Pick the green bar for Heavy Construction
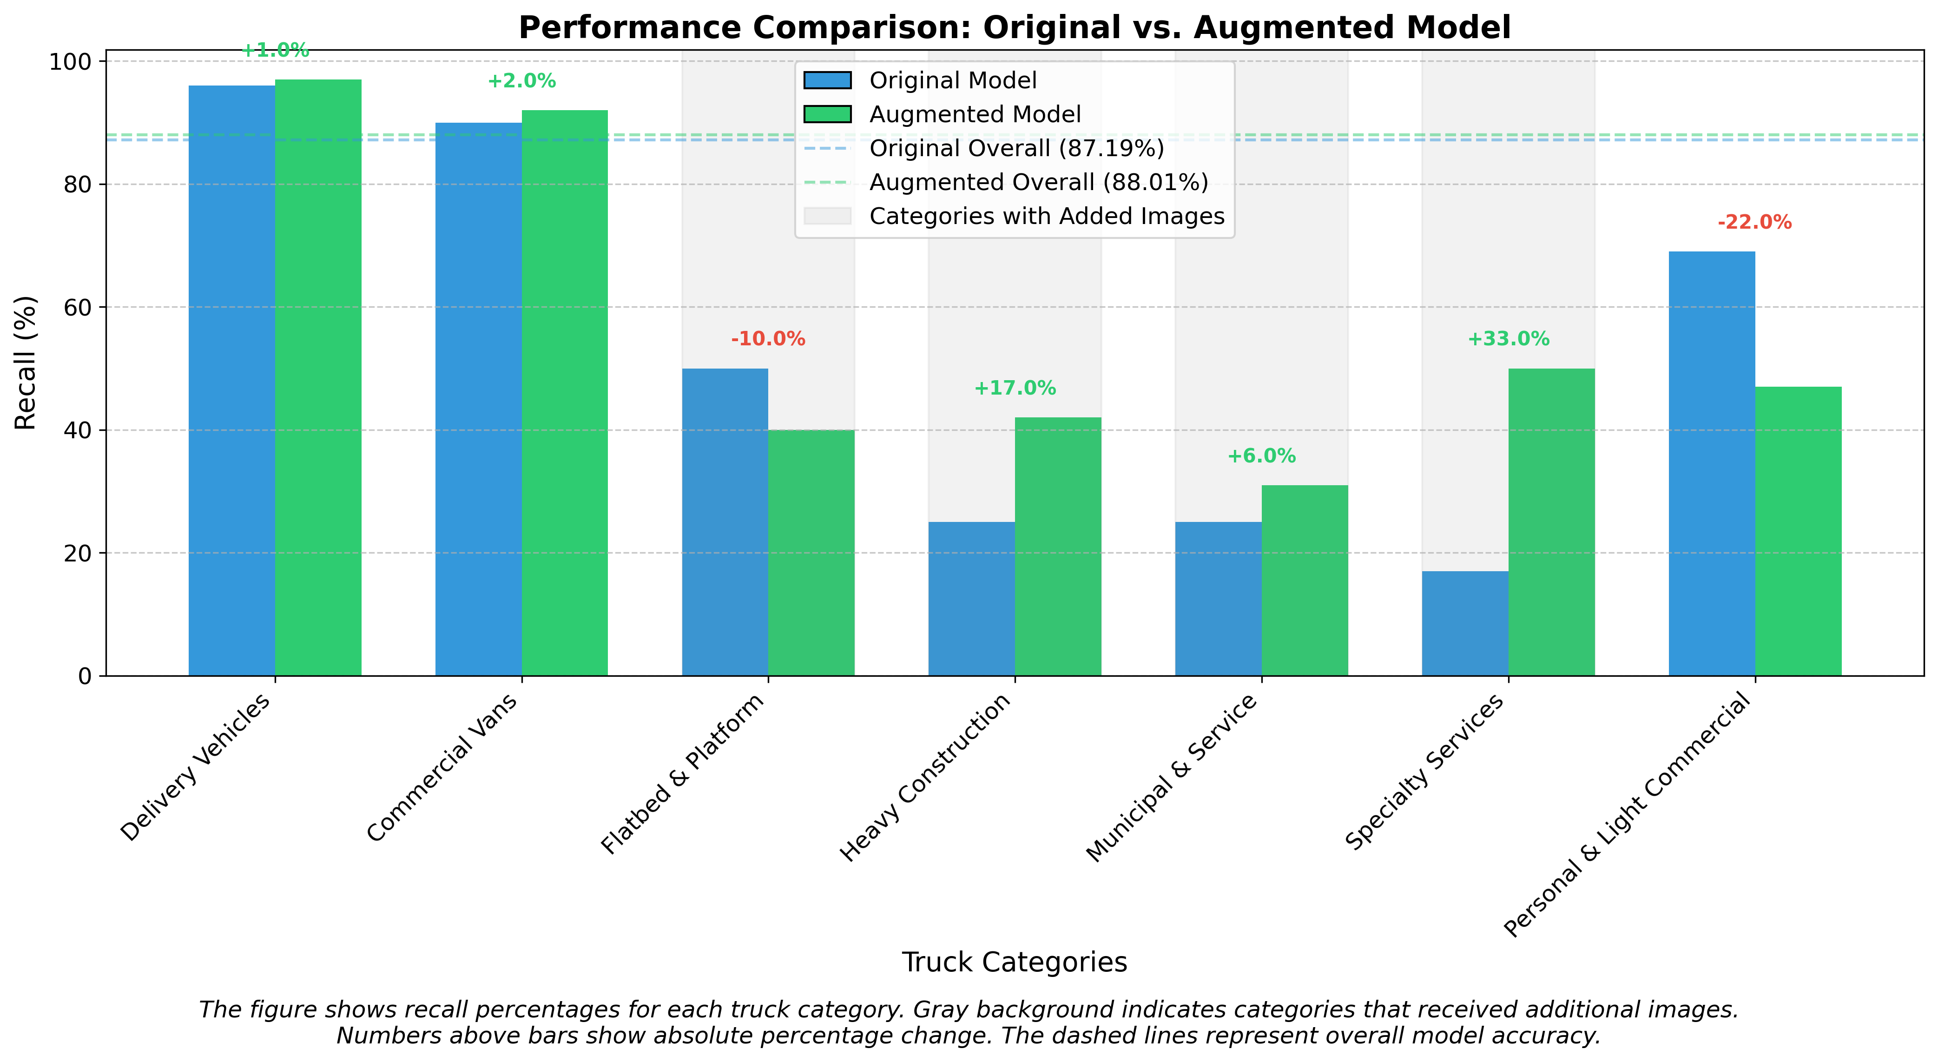[x=1058, y=546]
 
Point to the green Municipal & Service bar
[x=1305, y=580]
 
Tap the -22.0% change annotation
[x=1754, y=223]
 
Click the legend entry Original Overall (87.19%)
[x=1015, y=148]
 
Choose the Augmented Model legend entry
[x=974, y=114]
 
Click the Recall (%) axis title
[x=26, y=363]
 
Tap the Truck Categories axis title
[x=1014, y=962]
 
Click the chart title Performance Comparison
[x=1014, y=28]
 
